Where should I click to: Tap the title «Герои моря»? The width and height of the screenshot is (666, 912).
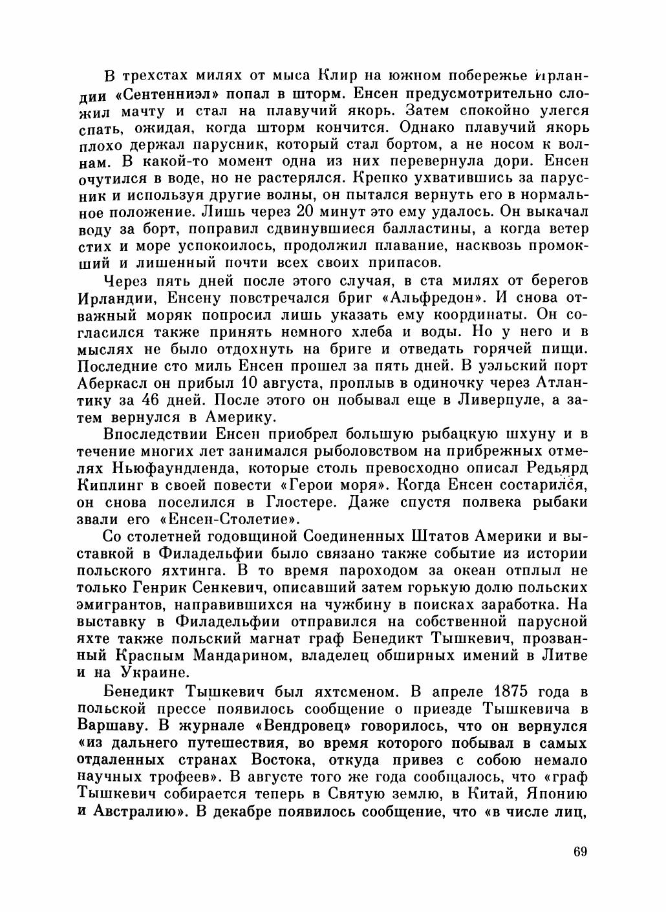tap(341, 484)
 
